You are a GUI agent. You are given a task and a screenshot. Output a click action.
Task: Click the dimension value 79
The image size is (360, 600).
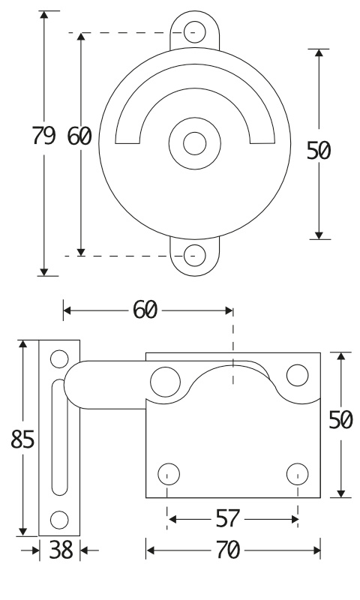click(43, 136)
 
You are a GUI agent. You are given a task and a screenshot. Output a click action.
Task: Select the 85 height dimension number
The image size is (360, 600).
click(22, 439)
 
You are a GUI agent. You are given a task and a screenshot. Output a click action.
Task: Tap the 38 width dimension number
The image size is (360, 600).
click(61, 550)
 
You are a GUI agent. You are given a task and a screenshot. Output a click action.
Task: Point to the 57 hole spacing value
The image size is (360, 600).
click(228, 519)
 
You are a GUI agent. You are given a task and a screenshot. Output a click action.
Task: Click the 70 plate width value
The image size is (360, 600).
click(228, 550)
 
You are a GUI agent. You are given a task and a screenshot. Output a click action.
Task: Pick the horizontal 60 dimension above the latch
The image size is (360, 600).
click(145, 310)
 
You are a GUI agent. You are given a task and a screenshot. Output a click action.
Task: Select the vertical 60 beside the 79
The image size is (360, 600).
click(79, 136)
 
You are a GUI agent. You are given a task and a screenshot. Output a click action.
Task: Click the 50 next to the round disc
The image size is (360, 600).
click(318, 151)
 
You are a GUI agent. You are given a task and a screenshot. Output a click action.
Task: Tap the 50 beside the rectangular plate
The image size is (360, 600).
click(340, 420)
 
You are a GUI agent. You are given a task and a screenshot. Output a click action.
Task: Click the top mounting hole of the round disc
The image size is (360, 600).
click(195, 32)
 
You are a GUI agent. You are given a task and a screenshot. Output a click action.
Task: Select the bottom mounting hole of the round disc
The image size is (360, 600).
click(195, 255)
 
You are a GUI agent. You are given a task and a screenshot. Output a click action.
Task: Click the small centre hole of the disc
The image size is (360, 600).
click(195, 143)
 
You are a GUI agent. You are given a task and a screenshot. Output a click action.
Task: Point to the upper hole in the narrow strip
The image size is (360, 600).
click(59, 359)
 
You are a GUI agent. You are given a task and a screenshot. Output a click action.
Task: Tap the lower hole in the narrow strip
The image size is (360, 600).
click(59, 520)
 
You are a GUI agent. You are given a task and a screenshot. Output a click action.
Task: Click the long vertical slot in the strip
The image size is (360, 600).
click(59, 437)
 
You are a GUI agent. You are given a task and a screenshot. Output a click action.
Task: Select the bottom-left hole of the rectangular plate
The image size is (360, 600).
click(169, 474)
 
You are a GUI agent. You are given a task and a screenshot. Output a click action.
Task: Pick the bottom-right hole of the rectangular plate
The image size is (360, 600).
click(297, 474)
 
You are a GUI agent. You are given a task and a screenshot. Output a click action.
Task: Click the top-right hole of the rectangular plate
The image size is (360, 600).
click(297, 376)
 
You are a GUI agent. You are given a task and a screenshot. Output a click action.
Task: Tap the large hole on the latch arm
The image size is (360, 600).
click(165, 382)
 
